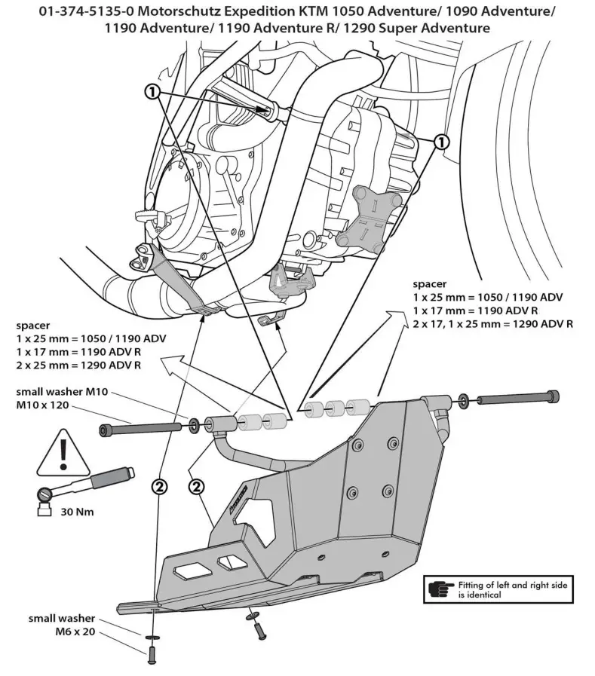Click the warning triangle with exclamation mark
tap(59, 453)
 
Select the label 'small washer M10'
tap(63, 392)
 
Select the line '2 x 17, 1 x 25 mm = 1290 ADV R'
tap(493, 324)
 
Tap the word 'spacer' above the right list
tap(430, 284)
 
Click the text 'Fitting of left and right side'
tap(513, 584)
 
